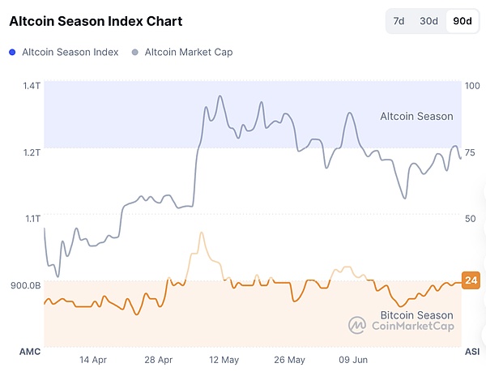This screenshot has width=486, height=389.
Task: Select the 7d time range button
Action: [x=399, y=21]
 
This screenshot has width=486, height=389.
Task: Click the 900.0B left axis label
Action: [x=26, y=284]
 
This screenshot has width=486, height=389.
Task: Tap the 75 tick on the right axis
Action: [x=470, y=152]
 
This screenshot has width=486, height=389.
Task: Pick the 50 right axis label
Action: [x=470, y=218]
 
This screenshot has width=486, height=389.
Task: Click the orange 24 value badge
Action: [x=471, y=281]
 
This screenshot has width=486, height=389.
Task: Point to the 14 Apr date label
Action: [x=93, y=359]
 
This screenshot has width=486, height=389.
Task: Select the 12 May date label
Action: [x=224, y=359]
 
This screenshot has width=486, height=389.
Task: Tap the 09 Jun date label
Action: [x=354, y=359]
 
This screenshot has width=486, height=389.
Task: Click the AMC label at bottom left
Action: [x=29, y=352]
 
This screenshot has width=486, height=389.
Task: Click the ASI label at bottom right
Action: [x=471, y=352]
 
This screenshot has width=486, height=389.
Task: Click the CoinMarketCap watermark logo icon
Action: [x=357, y=325]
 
